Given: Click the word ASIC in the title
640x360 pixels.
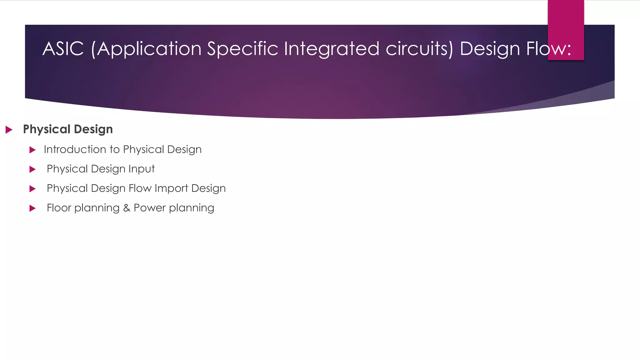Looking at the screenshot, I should coord(63,49).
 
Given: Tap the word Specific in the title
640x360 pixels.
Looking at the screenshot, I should coord(242,49).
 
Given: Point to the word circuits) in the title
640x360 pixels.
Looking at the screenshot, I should coord(419,49).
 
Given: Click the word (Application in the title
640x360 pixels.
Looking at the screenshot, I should coord(146,49).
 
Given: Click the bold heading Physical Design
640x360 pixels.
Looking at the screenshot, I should coord(68,129).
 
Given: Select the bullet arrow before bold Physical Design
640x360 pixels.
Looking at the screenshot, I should coord(9,130).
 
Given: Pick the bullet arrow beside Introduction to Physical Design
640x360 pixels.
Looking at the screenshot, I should coord(32,150).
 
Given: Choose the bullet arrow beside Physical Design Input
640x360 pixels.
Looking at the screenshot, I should coord(32,169).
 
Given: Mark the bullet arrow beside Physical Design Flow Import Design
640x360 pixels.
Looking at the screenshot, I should coord(32,189).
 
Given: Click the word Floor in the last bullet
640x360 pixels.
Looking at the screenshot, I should coord(58,208).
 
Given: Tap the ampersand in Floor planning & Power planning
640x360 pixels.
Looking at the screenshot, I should coord(127,208).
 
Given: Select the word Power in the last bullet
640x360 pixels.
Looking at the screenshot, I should coord(149,208).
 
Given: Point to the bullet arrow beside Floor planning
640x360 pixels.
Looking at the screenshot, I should coord(32,208).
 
